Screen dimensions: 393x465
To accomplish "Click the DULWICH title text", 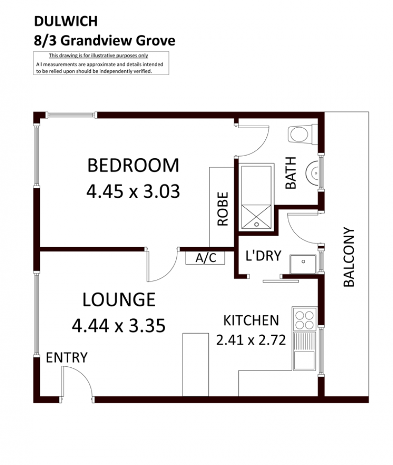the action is [66, 21].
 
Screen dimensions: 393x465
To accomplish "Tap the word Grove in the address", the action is [155, 41].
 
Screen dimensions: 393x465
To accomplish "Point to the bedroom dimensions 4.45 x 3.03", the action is [133, 191].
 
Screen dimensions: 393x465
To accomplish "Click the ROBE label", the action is [223, 209].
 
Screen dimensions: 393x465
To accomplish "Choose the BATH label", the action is [291, 173].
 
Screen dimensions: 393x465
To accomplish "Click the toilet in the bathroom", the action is [303, 135].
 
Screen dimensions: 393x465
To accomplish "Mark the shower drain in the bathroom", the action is [256, 224].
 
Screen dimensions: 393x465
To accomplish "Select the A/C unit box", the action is [205, 258].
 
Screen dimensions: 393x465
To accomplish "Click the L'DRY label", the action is [263, 256].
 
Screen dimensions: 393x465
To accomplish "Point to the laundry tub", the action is [303, 264].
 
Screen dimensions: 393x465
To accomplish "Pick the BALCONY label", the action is [349, 257].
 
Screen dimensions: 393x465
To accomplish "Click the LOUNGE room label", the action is [119, 300].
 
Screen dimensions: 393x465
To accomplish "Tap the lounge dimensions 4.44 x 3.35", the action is [119, 326].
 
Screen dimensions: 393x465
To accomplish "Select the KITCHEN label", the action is [251, 321].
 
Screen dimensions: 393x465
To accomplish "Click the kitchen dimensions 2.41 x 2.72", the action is [251, 340].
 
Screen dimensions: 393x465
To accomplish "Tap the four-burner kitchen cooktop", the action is [304, 320].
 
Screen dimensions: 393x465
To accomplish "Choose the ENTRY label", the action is [67, 357].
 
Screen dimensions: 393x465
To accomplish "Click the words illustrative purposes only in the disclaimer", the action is [119, 55].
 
